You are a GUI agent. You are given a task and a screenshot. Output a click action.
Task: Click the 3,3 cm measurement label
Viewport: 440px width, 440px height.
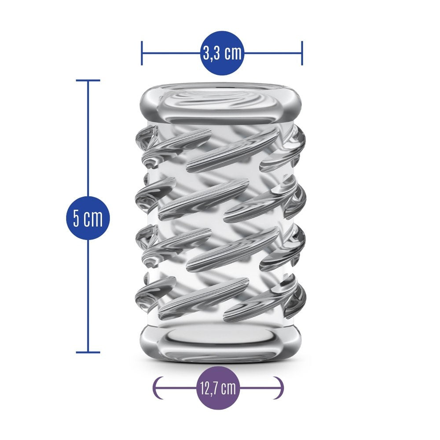coord(222,53)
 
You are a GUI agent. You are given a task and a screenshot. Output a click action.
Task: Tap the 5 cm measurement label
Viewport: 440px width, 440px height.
coord(88,218)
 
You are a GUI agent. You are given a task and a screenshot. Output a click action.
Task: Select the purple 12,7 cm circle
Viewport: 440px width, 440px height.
coord(218,388)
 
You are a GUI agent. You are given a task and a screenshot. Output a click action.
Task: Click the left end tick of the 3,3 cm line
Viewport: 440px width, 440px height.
coord(142,53)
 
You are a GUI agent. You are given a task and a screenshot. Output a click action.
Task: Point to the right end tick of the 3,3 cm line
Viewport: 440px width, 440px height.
coord(302,53)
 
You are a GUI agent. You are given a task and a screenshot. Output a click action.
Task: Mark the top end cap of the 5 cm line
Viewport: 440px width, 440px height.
coord(88,81)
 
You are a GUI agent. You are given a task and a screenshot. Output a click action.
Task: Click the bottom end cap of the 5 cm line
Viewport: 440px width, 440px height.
coord(88,352)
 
